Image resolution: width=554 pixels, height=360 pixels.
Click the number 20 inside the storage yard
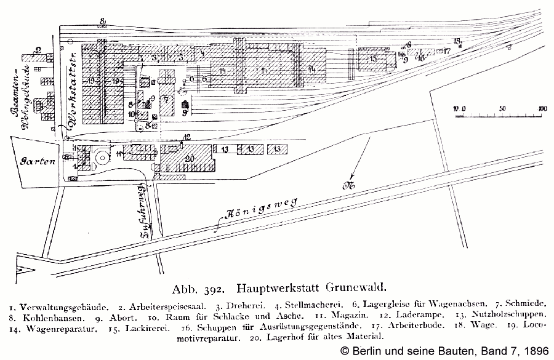(x=190, y=159)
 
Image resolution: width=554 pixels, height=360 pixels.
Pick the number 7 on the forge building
(x=166, y=98)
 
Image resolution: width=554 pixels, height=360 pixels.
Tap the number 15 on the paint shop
(x=373, y=58)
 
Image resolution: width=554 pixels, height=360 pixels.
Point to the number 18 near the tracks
(x=457, y=41)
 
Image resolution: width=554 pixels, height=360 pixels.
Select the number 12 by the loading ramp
(x=187, y=137)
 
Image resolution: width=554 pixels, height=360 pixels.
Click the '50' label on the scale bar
(x=502, y=109)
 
